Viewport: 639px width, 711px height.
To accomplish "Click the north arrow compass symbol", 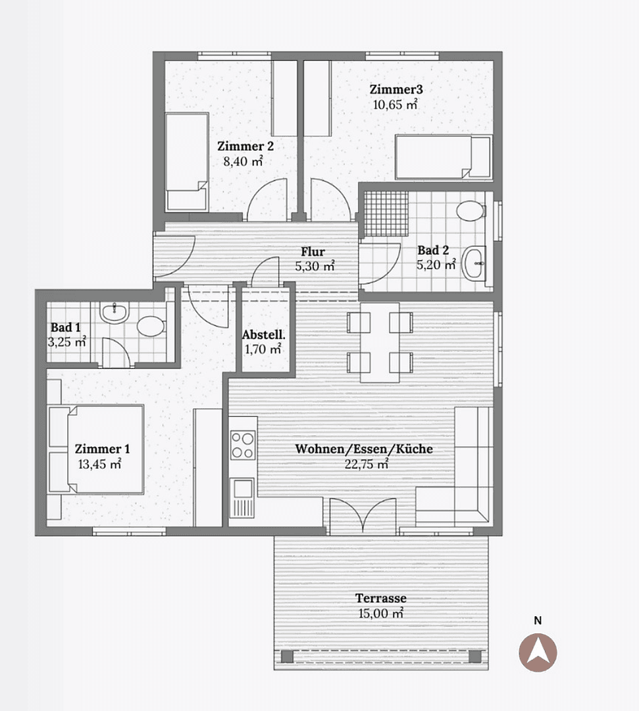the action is [x=538, y=652].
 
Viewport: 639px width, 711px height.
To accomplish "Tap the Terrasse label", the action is [x=380, y=598].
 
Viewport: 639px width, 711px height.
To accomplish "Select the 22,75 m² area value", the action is [x=366, y=464].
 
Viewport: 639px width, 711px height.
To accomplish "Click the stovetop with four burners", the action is [x=242, y=445].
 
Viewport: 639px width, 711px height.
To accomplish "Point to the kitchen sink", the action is [x=242, y=498].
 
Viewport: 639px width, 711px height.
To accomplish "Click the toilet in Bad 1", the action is [x=151, y=326].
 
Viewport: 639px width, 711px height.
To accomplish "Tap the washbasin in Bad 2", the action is [x=474, y=263].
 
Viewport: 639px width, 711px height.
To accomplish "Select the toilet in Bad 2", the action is [x=471, y=211].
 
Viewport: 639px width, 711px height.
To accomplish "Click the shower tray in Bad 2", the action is [x=385, y=213].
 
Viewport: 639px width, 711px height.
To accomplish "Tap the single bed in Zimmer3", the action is [x=444, y=157].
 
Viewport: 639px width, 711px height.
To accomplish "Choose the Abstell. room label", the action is [x=264, y=335].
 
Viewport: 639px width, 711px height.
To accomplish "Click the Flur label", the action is [x=313, y=251].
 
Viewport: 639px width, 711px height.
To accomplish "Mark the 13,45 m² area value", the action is [x=100, y=464].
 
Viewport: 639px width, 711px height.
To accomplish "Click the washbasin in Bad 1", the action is [x=115, y=313].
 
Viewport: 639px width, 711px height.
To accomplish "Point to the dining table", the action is [x=380, y=342].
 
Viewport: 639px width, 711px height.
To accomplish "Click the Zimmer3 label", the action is [x=396, y=90].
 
